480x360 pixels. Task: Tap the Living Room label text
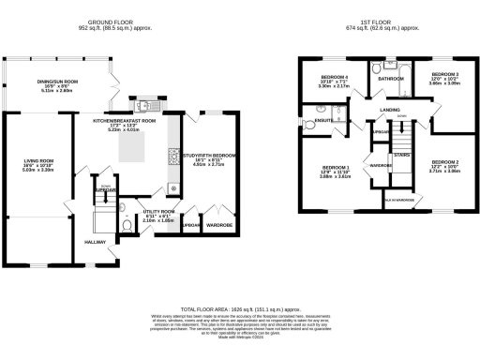[x=37, y=167]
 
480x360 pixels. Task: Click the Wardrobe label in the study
[x=219, y=226]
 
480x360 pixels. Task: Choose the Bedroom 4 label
[x=335, y=81]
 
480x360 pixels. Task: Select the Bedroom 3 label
[x=444, y=78]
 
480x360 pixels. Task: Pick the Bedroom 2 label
[x=444, y=166]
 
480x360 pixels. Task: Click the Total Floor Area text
[x=240, y=307]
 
